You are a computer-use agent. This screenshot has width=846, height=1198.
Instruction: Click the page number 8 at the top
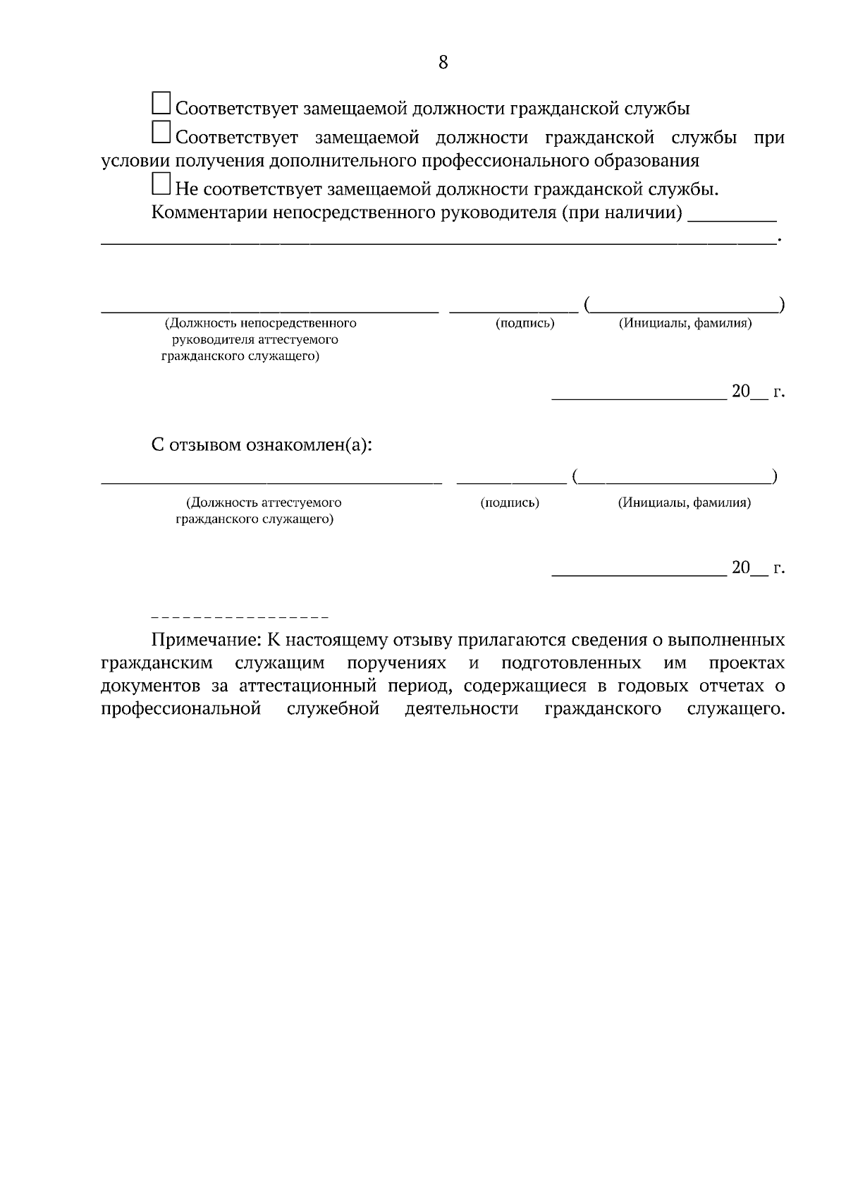click(x=443, y=62)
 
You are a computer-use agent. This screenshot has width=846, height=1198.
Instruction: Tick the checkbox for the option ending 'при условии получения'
click(x=161, y=133)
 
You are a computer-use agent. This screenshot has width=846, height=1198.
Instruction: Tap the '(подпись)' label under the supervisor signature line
click(x=525, y=324)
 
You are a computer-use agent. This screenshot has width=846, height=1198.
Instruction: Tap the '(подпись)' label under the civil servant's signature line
click(x=509, y=503)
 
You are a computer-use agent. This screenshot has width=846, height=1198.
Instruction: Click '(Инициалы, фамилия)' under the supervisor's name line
click(x=685, y=324)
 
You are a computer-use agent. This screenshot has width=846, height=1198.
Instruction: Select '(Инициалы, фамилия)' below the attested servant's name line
click(x=684, y=503)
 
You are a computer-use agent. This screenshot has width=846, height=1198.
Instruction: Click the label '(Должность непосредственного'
click(x=260, y=324)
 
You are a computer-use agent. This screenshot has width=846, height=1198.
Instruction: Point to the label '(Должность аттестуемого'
click(x=263, y=503)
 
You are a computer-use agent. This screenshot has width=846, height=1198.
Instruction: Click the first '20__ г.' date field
click(x=757, y=392)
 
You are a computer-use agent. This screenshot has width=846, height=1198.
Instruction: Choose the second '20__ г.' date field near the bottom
click(x=757, y=568)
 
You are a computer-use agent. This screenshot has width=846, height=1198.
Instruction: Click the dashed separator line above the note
click(x=240, y=618)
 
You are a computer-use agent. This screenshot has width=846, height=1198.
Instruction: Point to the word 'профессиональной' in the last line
click(x=181, y=709)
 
